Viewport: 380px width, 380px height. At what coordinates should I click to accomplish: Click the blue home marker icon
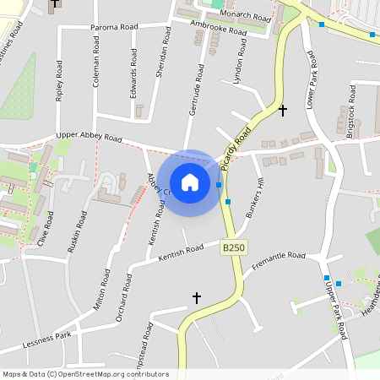click(190, 182)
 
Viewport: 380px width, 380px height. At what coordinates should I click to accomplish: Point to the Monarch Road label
click(245, 15)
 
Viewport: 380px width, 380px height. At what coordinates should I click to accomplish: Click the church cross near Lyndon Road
click(283, 110)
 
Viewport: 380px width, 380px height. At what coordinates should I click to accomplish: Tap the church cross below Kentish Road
click(197, 297)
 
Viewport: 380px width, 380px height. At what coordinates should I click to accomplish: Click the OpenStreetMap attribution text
click(84, 374)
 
